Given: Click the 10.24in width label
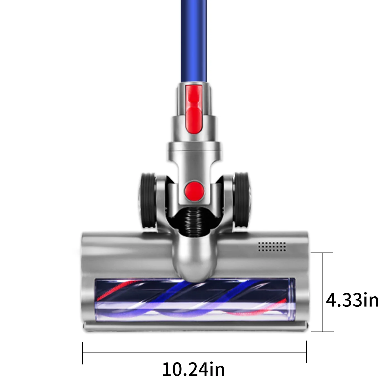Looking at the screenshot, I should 193,369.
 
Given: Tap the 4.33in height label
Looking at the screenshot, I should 352,301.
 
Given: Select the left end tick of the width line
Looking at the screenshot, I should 83,352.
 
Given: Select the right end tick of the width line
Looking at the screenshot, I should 306,352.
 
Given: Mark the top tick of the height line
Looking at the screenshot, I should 322,253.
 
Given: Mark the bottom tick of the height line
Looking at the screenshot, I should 322,332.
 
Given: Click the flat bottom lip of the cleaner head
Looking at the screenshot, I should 193,326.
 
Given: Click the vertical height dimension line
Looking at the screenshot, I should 322,292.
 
